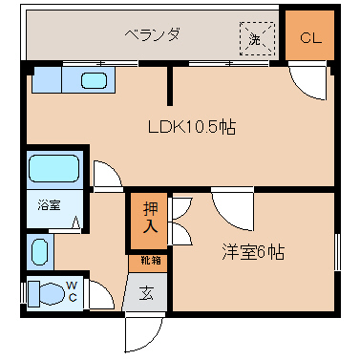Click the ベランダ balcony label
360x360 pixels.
pos(152,34)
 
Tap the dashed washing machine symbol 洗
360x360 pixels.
pos(257,38)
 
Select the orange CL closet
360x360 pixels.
pos(309,35)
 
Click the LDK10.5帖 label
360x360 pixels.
pos(192,127)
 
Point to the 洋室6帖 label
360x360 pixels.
pos(253,252)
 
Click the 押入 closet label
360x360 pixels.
pos(150,218)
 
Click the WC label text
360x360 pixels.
pos(72,291)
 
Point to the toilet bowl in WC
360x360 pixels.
pos(47,293)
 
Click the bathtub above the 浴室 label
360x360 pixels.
pos(54,168)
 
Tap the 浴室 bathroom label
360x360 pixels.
pos(49,205)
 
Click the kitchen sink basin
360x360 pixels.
pos(94,80)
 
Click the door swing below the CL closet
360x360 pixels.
pos(308,80)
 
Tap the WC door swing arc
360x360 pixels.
pos(101,295)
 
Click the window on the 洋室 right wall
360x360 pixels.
pos(337,252)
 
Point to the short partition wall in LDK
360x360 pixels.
pos(170,85)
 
